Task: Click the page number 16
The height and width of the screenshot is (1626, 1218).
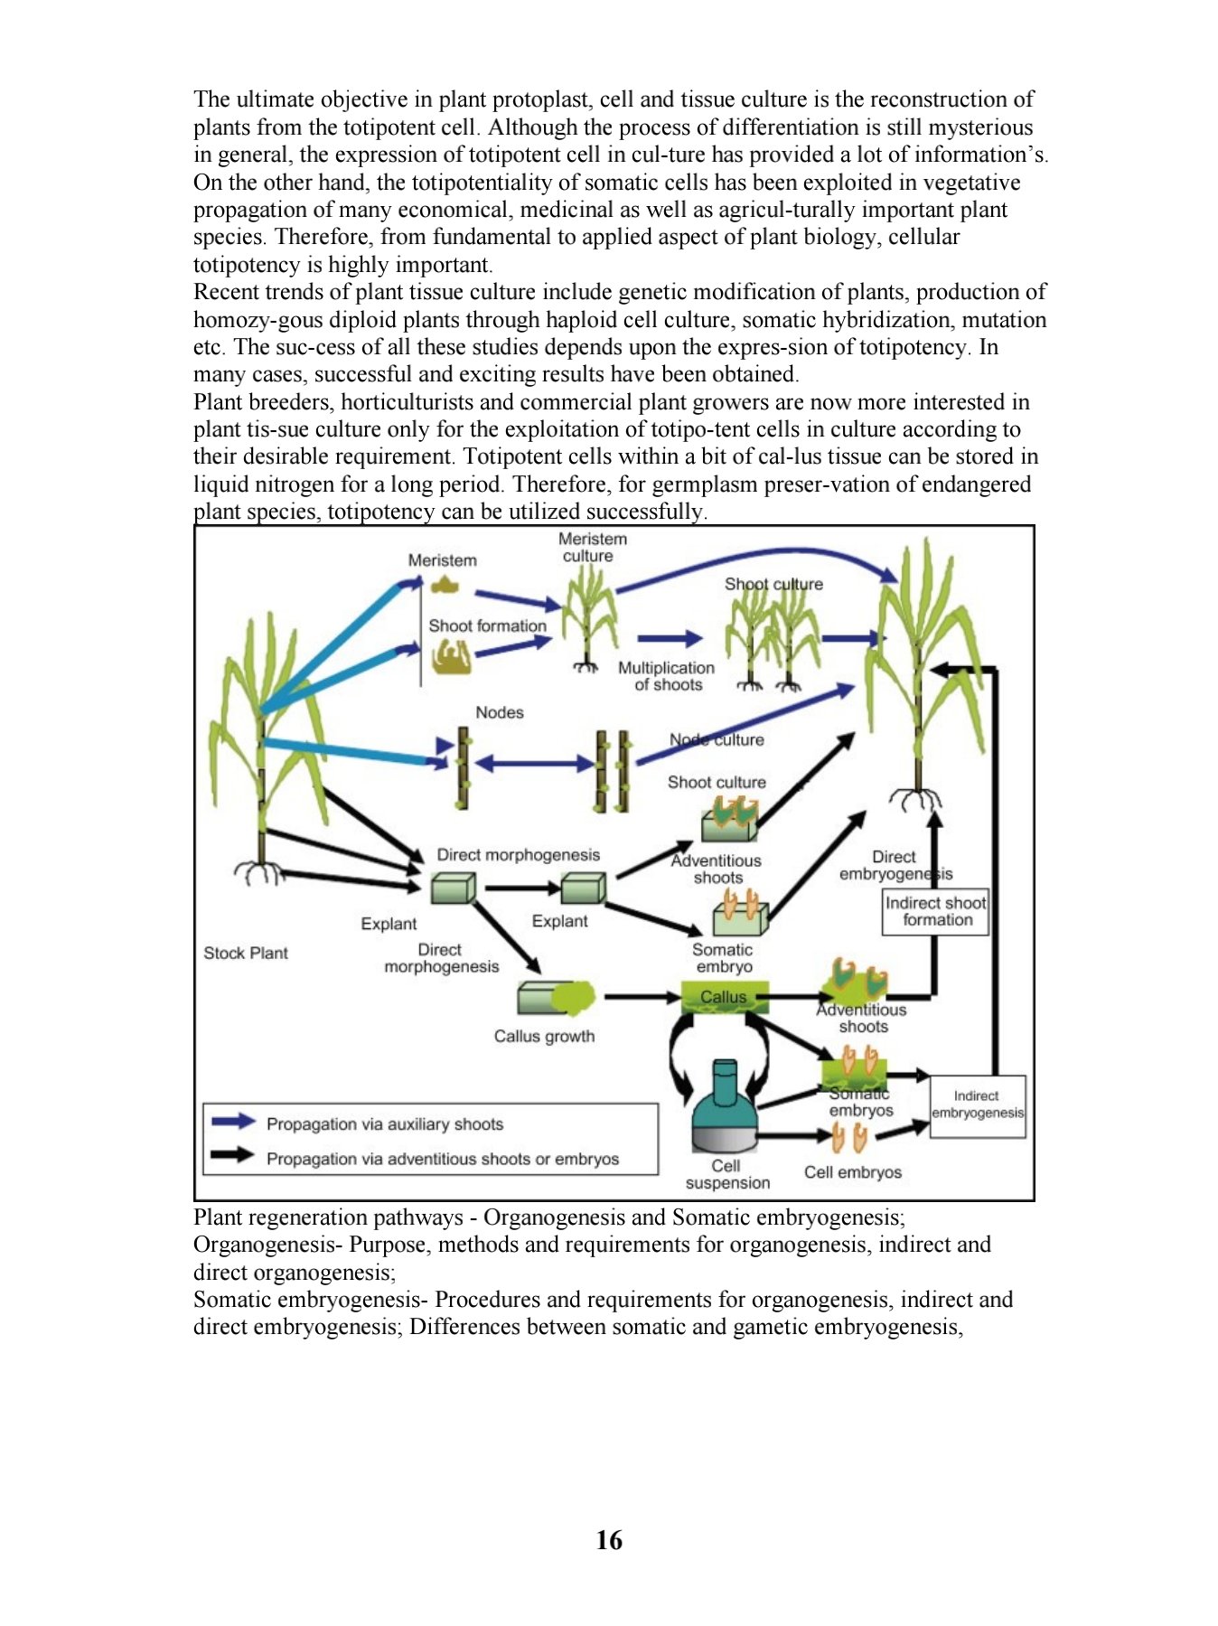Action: click(x=609, y=1539)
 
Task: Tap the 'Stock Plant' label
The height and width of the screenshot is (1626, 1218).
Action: click(x=246, y=953)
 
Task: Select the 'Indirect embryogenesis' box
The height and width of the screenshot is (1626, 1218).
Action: click(x=978, y=1105)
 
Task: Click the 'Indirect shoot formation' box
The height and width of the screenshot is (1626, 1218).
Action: click(x=936, y=911)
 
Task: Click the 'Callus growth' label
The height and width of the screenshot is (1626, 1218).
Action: click(x=544, y=1036)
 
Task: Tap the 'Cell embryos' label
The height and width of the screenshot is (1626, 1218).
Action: click(x=853, y=1172)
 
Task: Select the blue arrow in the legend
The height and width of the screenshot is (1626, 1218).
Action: click(x=233, y=1122)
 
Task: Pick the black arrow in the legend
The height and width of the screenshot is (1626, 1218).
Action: click(x=233, y=1155)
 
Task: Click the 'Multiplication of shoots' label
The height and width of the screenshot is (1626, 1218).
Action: click(x=667, y=676)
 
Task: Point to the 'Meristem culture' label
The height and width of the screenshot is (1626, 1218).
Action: click(x=592, y=548)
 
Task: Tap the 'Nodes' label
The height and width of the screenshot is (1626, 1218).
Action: click(x=500, y=712)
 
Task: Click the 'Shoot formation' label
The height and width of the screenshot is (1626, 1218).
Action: click(x=488, y=625)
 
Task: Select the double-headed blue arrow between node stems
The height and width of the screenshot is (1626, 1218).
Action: click(x=535, y=764)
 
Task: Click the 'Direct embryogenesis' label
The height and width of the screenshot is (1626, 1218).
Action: click(x=895, y=865)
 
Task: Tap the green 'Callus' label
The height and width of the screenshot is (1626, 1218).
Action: click(x=724, y=997)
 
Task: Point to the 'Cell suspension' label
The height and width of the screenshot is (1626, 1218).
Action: click(x=727, y=1174)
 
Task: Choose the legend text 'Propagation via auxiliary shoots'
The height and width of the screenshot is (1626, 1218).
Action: click(x=385, y=1124)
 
